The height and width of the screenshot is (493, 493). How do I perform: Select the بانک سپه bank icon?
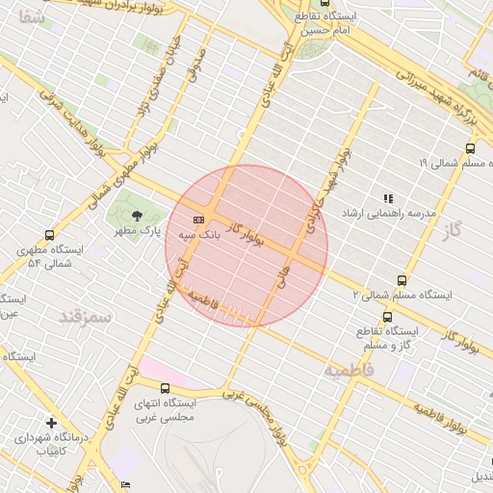tap(199, 218)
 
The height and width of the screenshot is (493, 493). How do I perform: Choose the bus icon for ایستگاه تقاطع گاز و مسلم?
tap(388, 317)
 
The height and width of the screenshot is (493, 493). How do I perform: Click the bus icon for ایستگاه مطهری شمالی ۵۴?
tap(49, 235)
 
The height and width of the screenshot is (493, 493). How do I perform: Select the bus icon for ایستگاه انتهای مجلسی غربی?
tap(165, 388)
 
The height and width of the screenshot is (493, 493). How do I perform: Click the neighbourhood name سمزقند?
tap(86, 315)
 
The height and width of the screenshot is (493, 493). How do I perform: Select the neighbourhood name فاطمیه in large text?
tap(347, 370)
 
